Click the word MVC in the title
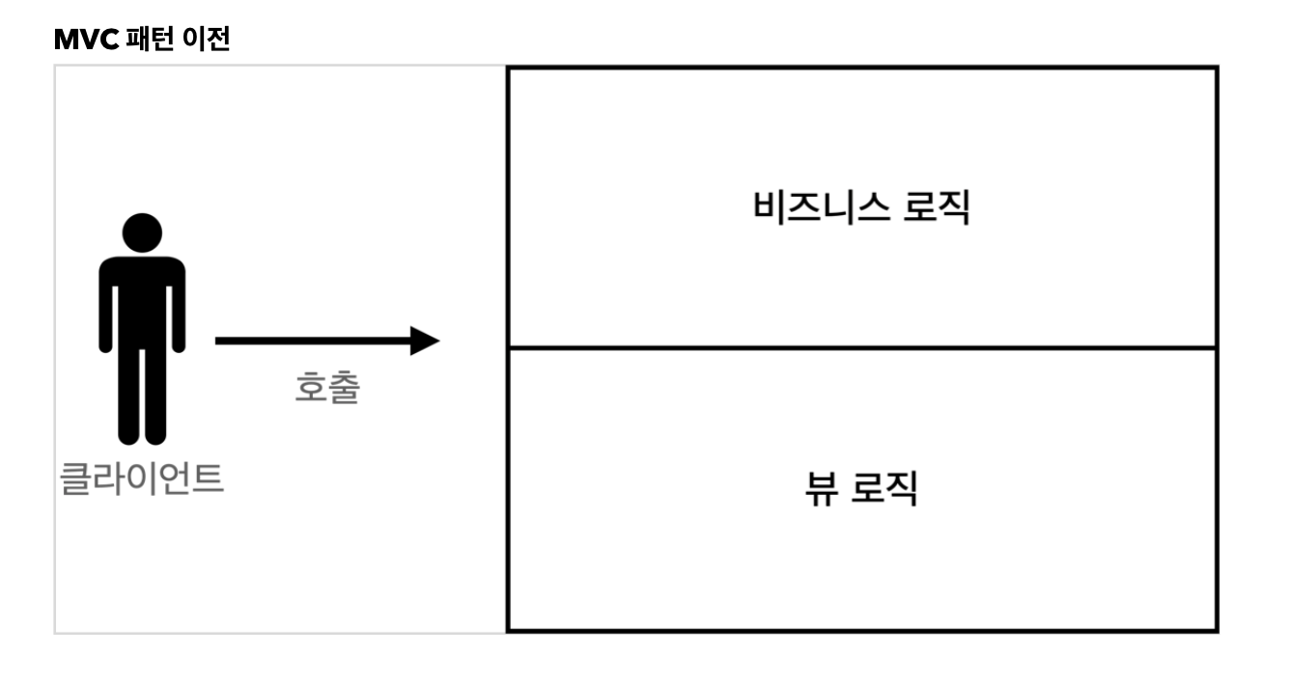tap(86, 40)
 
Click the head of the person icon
tap(142, 233)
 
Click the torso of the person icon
tap(142, 299)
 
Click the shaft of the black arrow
tap(309, 340)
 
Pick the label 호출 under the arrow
tap(327, 388)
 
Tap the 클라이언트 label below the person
tap(142, 478)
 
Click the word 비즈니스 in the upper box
tap(821, 207)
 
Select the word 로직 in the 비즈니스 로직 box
tap(936, 207)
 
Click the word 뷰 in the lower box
tap(821, 489)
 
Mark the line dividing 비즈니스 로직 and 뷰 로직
tap(861, 347)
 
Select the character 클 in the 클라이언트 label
tap(75, 478)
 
